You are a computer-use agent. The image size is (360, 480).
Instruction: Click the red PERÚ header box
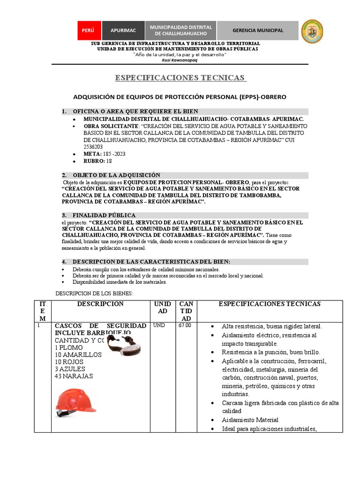pyautogui.click(x=88, y=30)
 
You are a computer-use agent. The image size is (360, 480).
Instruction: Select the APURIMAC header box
pyautogui.click(x=123, y=30)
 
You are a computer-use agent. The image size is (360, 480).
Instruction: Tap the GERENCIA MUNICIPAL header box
pyautogui.click(x=258, y=30)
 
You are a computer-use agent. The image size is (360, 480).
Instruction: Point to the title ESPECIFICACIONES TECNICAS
pyautogui.click(x=180, y=77)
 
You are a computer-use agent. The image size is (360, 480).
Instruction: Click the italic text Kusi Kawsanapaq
pyautogui.click(x=180, y=60)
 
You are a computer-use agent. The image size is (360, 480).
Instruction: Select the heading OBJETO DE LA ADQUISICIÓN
pyautogui.click(x=116, y=175)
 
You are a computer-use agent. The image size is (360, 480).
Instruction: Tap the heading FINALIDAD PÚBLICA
pyautogui.click(x=104, y=215)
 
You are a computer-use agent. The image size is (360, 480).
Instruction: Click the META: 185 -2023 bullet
pyautogui.click(x=105, y=154)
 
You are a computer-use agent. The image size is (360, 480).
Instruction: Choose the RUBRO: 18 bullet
pyautogui.click(x=98, y=161)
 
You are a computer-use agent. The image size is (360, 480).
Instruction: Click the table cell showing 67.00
pyautogui.click(x=185, y=325)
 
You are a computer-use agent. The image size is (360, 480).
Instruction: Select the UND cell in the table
pyautogui.click(x=159, y=325)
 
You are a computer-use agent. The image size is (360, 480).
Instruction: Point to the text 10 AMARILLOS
pyautogui.click(x=78, y=355)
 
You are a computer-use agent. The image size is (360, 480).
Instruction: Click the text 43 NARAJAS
pyautogui.click(x=74, y=376)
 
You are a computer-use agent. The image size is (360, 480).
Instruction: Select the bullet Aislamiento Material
pyautogui.click(x=250, y=420)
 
